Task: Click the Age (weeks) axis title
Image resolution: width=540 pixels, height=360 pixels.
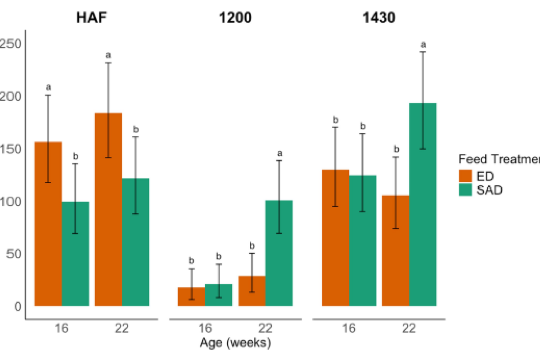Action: (x=235, y=343)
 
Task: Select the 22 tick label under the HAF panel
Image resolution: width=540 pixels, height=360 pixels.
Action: (x=121, y=328)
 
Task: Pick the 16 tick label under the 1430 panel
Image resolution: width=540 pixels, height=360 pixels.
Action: (x=349, y=328)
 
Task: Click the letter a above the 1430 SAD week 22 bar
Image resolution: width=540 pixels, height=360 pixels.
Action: (x=423, y=45)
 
